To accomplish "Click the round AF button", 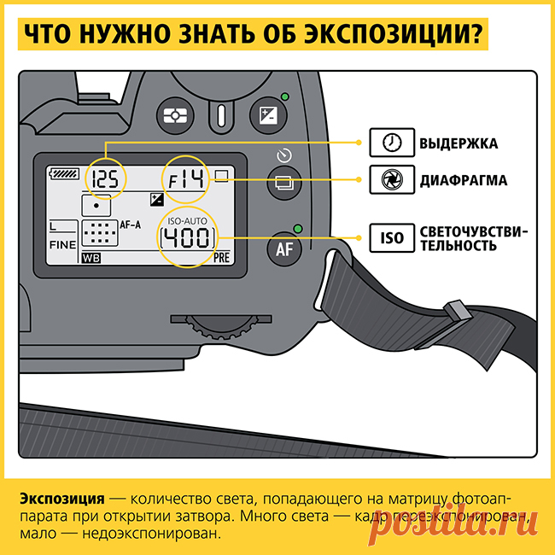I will pyautogui.click(x=284, y=248).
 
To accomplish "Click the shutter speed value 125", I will pyautogui.click(x=105, y=178).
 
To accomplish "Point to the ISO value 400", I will pyautogui.click(x=186, y=237).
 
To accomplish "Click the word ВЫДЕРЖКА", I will pyautogui.click(x=458, y=143).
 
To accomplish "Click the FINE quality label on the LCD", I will pyautogui.click(x=62, y=243).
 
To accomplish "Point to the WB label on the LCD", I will pyautogui.click(x=90, y=256).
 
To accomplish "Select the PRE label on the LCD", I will pyautogui.click(x=222, y=256).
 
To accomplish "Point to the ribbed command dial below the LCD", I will pyautogui.click(x=221, y=324).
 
